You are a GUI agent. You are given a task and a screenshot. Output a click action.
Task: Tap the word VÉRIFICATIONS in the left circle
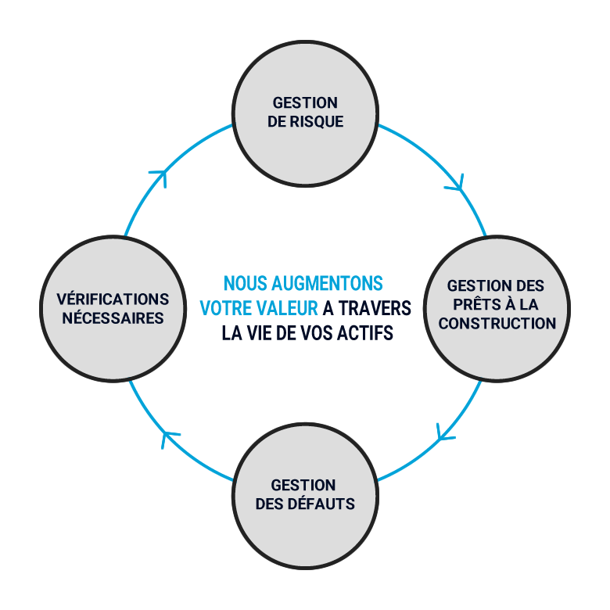pos(113,300)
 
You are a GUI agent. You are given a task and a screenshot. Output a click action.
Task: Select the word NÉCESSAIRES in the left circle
pos(113,318)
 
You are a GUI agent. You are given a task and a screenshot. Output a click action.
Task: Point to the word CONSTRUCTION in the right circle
pos(497,323)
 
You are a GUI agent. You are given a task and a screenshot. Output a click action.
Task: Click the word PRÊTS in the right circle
pos(476,305)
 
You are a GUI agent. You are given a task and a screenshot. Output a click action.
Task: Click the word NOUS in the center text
pos(241,283)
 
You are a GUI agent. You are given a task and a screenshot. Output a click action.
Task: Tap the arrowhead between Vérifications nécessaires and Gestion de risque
pos(160,178)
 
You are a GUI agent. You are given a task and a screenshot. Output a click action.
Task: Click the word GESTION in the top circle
pos(305,103)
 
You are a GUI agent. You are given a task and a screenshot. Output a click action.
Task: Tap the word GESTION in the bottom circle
pos(305,485)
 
